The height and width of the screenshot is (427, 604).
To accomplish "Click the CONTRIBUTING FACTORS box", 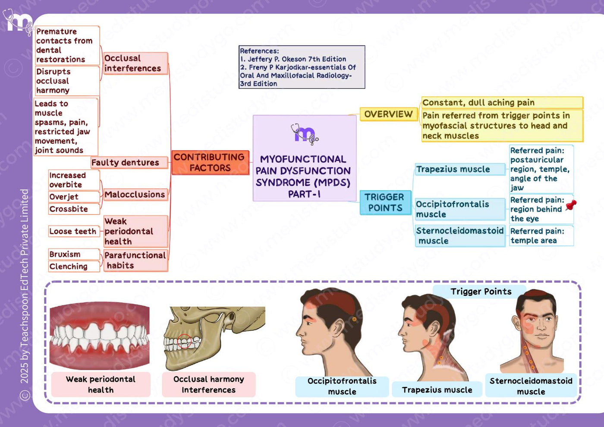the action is (211, 163).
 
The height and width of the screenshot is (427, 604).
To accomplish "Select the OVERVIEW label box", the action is (389, 114).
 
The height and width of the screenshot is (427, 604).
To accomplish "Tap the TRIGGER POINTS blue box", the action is (385, 202).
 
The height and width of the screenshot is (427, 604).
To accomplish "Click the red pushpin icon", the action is (570, 205).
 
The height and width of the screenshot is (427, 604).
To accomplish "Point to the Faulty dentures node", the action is (129, 163).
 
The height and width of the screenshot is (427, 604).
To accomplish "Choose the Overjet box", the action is (74, 197).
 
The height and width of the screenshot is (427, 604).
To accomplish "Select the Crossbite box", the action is (74, 209).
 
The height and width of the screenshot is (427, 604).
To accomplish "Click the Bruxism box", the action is (74, 254).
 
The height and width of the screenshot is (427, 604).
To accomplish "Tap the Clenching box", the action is (74, 267).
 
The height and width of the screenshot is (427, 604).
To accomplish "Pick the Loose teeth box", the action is (74, 231).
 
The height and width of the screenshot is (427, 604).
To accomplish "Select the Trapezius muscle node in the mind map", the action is (460, 169).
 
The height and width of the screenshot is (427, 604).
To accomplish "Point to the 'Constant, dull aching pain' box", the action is (502, 103).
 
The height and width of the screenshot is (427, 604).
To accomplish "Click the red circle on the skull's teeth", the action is (185, 341).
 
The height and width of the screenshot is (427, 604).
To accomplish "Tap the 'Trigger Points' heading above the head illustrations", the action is (481, 292).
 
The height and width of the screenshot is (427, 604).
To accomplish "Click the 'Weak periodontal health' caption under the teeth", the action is (101, 385).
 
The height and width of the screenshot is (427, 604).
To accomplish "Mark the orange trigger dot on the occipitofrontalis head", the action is (354, 319).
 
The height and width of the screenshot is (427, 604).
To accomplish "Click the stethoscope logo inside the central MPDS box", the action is (305, 134).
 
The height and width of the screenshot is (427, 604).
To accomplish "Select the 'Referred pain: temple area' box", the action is (541, 236).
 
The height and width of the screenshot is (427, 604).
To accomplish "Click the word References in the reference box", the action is (259, 51).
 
